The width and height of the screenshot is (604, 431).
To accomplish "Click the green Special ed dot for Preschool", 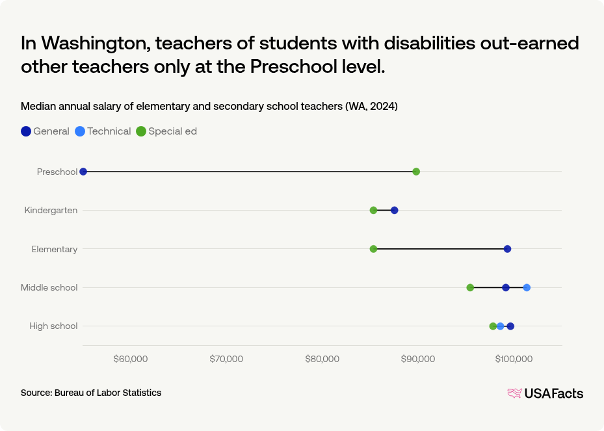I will point(416,172).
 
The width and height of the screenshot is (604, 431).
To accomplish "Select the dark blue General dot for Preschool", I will point(83,172).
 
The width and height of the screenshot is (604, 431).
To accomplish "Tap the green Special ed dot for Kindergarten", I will point(373,210).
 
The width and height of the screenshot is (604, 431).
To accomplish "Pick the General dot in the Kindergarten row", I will point(395,210).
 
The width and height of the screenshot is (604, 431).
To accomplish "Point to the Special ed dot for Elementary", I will point(373,249).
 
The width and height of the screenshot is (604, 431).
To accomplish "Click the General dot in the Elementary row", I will point(507,249).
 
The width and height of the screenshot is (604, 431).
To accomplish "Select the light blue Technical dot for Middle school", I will point(527,287).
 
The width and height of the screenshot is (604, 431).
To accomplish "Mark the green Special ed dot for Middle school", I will point(470,287).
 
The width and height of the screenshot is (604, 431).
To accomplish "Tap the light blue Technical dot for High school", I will point(500,326).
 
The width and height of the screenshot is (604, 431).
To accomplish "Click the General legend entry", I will point(46,131).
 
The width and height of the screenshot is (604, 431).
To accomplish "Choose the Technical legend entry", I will point(103,131).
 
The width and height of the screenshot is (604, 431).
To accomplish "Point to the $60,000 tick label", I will point(131,359).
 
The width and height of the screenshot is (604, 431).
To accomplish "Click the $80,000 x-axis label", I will point(322,359).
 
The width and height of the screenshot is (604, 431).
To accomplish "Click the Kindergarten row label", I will point(51,210).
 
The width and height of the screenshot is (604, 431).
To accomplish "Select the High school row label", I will point(53,326).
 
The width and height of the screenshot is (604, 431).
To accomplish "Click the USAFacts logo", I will point(545,393).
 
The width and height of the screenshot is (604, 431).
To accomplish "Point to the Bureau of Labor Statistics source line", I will point(91,393).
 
